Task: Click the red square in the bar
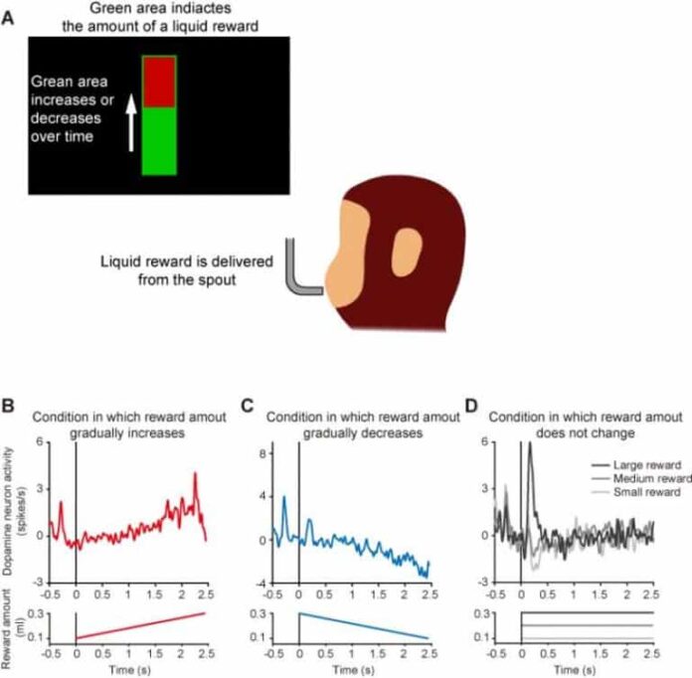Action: click(159, 83)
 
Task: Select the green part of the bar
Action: click(159, 141)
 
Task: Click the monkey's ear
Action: click(406, 253)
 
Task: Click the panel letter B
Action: click(9, 407)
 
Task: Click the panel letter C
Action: click(249, 407)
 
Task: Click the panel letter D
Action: click(472, 407)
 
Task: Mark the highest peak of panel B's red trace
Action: click(195, 475)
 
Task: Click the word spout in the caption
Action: click(246, 281)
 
